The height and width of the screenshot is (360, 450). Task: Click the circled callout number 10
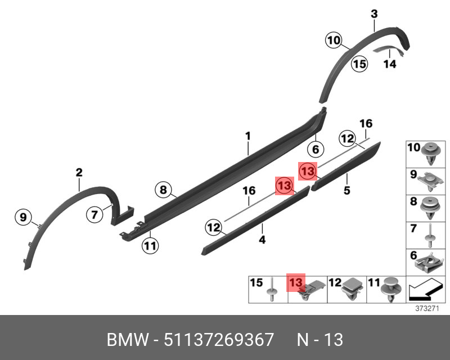(x=334, y=40)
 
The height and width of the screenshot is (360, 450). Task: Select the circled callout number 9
(x=24, y=217)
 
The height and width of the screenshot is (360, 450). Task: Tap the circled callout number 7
(x=94, y=214)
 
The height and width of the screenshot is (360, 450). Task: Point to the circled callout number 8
(x=163, y=190)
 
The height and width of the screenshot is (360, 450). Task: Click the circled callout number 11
(x=150, y=245)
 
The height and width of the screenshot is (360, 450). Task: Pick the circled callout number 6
(x=316, y=150)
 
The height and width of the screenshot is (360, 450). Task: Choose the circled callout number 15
(x=359, y=64)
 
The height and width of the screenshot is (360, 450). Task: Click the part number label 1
(x=247, y=136)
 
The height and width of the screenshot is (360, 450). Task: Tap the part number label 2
(x=79, y=173)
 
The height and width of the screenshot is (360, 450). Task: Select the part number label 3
(x=374, y=13)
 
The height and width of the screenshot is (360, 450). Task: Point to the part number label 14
(x=390, y=64)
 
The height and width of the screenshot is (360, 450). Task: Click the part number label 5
(x=347, y=191)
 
